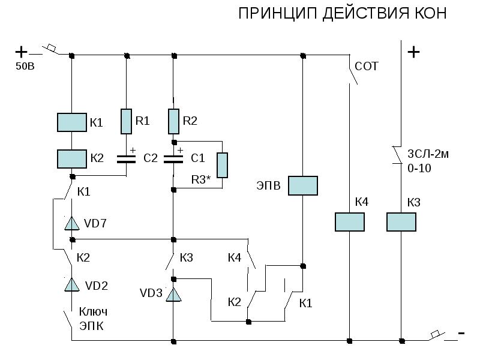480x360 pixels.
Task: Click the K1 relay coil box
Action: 72,122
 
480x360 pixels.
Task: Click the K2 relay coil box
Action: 72,159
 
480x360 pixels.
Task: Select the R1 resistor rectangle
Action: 126,121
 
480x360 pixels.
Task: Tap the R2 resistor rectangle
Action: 173,121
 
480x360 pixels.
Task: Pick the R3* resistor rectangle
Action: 222,165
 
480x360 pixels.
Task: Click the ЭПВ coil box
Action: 302,185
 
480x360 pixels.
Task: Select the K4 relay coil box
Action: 349,221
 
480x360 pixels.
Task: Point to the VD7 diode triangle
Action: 72,224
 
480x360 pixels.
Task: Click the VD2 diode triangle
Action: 72,285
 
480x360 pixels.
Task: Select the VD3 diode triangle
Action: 173,294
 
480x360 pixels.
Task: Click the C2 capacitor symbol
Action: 126,159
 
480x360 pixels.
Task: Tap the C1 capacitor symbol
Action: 173,159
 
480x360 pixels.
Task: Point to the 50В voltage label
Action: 25,66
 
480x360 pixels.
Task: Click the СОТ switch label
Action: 367,66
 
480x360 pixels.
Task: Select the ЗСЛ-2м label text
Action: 428,154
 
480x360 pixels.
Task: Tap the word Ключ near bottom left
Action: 93,312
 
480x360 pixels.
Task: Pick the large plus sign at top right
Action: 413,52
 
